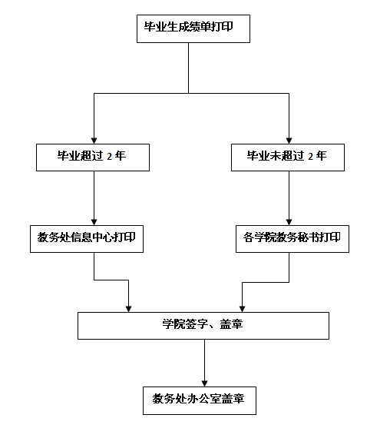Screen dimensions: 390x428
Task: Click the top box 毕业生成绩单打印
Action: click(193, 28)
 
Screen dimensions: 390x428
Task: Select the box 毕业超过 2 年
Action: click(93, 158)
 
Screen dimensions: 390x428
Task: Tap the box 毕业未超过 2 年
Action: click(288, 158)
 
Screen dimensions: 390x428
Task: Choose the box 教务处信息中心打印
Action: click(87, 239)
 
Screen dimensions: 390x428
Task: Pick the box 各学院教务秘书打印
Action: click(292, 239)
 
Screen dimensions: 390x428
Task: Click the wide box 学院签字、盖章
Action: click(203, 326)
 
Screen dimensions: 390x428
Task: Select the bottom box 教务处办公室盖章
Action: click(200, 400)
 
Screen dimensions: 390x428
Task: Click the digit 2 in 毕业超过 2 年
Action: click(109, 157)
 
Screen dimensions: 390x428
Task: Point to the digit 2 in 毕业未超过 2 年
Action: click(310, 157)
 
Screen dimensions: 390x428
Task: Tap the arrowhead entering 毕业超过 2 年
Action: click(94, 141)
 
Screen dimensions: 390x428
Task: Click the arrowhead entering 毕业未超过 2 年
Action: click(289, 141)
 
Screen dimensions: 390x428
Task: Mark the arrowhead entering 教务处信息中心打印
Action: click(94, 222)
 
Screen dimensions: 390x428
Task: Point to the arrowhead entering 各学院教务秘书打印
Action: click(289, 222)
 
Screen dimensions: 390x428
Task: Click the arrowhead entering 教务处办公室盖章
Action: click(204, 383)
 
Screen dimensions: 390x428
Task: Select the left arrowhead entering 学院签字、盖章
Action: click(128, 309)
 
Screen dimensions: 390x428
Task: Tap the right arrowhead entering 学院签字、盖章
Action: click(242, 309)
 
